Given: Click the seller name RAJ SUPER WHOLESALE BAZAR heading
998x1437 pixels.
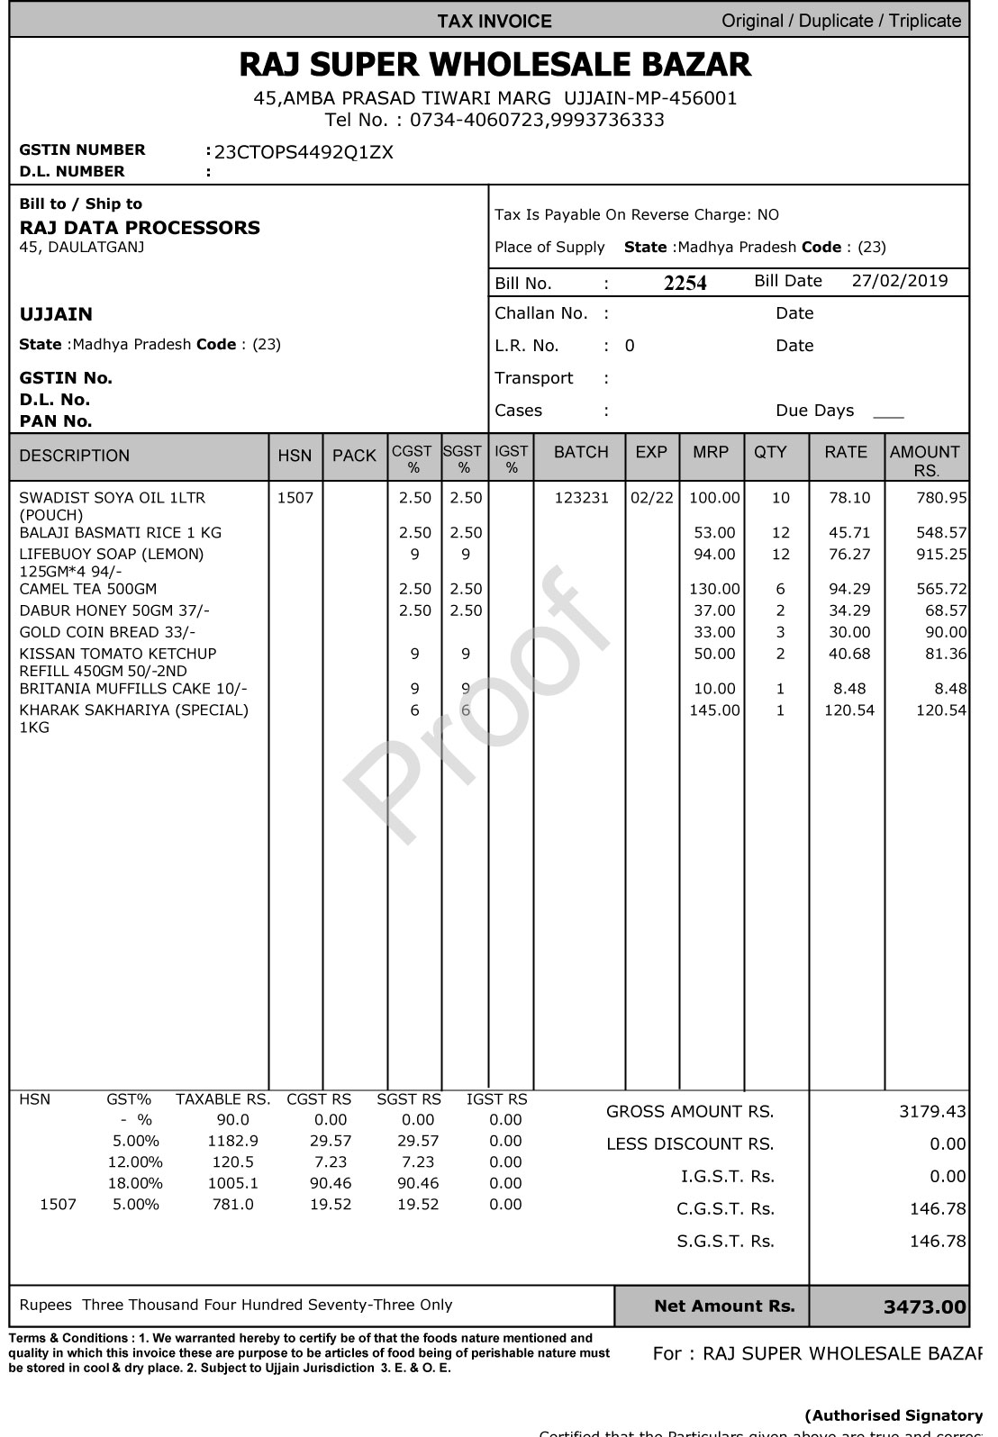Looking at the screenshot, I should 494,65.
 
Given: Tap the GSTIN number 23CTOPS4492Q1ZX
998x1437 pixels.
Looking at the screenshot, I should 304,151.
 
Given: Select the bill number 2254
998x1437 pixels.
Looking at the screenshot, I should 685,283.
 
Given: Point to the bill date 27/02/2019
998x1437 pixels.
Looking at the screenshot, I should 899,281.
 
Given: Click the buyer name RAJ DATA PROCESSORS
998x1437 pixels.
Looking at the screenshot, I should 140,227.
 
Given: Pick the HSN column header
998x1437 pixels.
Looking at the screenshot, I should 295,456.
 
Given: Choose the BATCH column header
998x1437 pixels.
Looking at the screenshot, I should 581,452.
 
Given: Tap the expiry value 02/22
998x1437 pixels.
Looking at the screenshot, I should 651,497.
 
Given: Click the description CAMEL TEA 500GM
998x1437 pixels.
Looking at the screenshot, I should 87,589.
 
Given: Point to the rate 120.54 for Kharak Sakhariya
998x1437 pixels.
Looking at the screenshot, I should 849,710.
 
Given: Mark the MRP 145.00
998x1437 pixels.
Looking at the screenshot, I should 714,710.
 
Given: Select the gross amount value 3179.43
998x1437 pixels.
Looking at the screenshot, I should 932,1112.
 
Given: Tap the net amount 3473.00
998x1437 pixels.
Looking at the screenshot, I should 924,1307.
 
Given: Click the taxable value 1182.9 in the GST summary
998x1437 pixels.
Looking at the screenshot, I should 232,1141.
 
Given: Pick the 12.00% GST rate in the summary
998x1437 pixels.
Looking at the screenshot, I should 135,1161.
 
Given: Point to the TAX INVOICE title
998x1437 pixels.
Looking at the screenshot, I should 494,21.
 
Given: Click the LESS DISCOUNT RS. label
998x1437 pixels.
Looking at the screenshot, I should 690,1144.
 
